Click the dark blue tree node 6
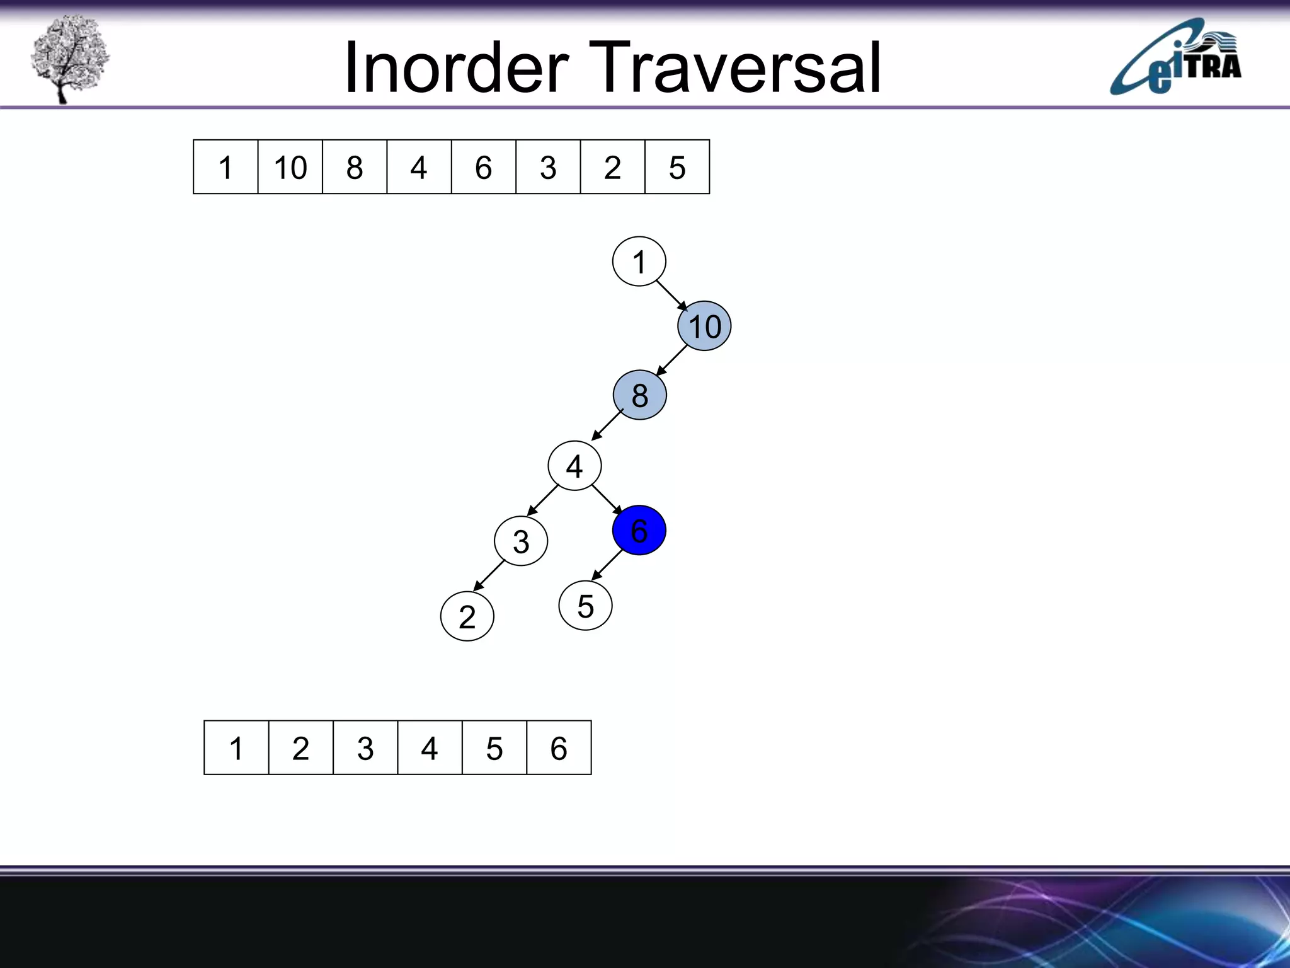639,530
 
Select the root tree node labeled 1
639,262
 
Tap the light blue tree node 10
704,326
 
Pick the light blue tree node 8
639,395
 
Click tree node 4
574,466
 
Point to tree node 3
521,541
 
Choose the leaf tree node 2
467,616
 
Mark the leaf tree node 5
585,606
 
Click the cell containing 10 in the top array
290,167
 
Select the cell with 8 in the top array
355,167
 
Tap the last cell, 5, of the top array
677,167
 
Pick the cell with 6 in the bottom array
559,748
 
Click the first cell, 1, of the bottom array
236,748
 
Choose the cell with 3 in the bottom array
365,748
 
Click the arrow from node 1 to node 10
671,295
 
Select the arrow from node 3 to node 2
489,575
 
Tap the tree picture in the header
69,58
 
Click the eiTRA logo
1175,59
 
